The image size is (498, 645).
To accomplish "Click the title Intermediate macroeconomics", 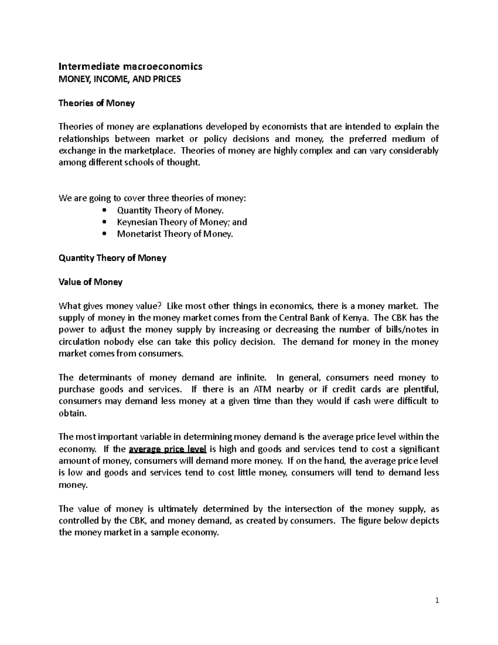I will click(130, 66).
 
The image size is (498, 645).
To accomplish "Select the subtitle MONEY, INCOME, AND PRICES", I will click(120, 79).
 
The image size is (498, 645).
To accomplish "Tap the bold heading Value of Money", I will click(90, 282).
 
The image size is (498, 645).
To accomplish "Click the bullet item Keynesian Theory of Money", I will click(182, 222).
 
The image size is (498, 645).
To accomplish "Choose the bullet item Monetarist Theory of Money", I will click(175, 234).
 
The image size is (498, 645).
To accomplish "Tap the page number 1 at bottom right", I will click(437, 601).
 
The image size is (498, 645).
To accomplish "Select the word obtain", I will click(73, 414).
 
